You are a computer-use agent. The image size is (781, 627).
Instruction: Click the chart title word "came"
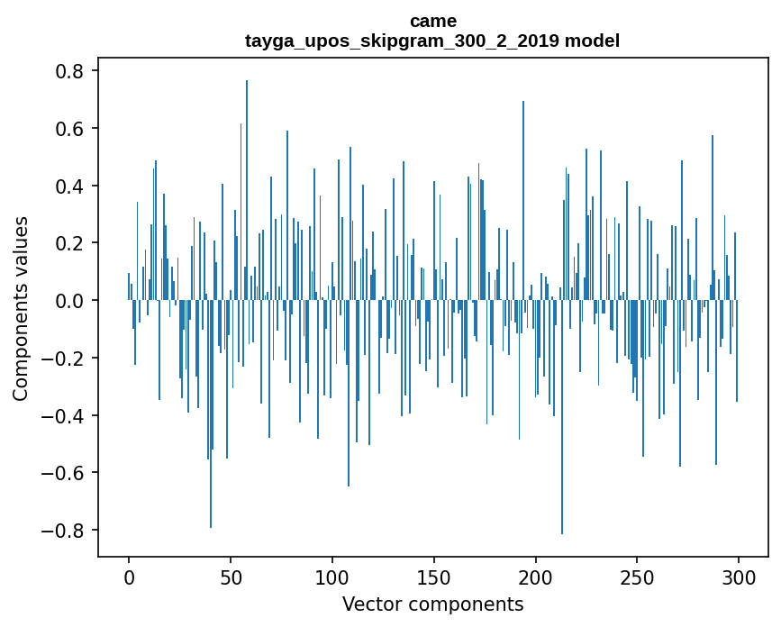point(432,21)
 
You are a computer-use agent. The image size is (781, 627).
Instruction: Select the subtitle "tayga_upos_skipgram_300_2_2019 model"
point(432,41)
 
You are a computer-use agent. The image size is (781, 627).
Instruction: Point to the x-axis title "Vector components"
point(432,604)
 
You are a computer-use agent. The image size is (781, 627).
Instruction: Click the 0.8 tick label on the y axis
point(72,71)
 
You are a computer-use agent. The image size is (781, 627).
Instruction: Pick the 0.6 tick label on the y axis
point(72,129)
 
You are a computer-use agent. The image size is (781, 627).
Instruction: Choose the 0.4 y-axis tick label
point(72,186)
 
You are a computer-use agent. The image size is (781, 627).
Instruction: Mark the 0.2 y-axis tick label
point(72,243)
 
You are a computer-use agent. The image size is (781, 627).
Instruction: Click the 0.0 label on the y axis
point(72,301)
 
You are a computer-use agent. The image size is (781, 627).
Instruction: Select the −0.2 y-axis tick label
point(67,359)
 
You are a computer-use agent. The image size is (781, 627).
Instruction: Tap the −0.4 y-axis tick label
point(67,415)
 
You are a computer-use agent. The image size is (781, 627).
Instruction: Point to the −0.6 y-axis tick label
point(67,473)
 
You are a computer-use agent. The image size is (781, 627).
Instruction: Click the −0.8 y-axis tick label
point(67,531)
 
